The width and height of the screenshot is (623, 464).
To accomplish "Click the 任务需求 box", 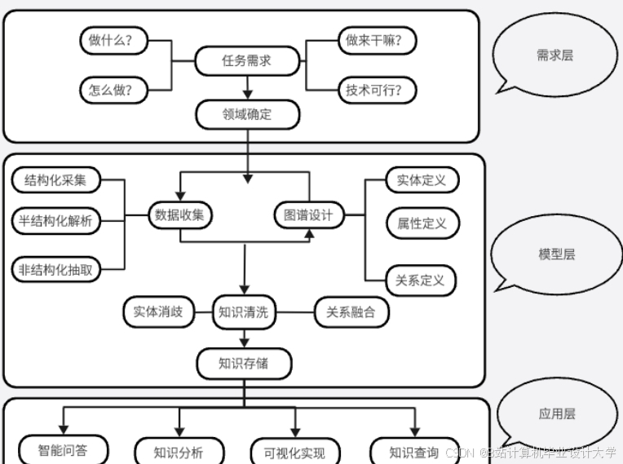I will (x=246, y=60).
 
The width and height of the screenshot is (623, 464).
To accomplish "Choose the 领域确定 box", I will (x=246, y=114).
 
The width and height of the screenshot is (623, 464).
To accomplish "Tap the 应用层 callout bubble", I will (x=557, y=413).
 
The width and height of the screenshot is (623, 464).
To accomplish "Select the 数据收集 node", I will (x=180, y=215).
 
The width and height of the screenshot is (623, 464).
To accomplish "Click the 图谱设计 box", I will (x=308, y=215).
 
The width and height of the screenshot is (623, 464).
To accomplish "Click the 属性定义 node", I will (x=422, y=223).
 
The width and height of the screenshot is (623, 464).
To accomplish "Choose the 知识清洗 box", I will (x=244, y=312).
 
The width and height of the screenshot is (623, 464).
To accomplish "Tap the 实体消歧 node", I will (x=158, y=312).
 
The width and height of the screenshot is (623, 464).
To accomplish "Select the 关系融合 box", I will (x=351, y=312).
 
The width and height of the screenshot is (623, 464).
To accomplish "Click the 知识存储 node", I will (x=244, y=363).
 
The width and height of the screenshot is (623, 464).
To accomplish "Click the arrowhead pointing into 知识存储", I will (x=244, y=343).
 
